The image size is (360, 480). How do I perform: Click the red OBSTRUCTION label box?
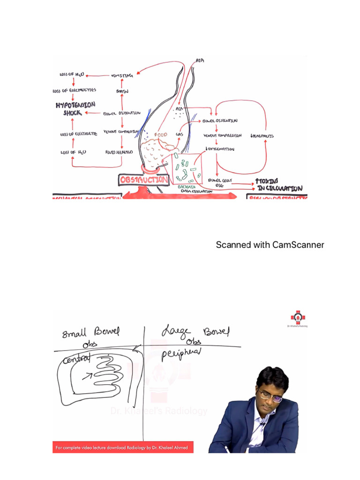pyautogui.click(x=143, y=180)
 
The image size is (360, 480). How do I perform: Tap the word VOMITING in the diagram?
pyautogui.click(x=121, y=75)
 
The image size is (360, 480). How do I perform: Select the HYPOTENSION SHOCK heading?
pyautogui.click(x=75, y=109)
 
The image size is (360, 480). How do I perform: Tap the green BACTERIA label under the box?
pyautogui.click(x=186, y=187)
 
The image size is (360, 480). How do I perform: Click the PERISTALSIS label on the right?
pyautogui.click(x=262, y=136)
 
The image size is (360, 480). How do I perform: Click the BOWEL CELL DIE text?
pyautogui.click(x=220, y=182)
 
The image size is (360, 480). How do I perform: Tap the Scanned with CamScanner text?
pyautogui.click(x=270, y=245)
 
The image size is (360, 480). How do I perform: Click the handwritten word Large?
pyautogui.click(x=174, y=332)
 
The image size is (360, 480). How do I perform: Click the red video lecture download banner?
pyautogui.click(x=122, y=448)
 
